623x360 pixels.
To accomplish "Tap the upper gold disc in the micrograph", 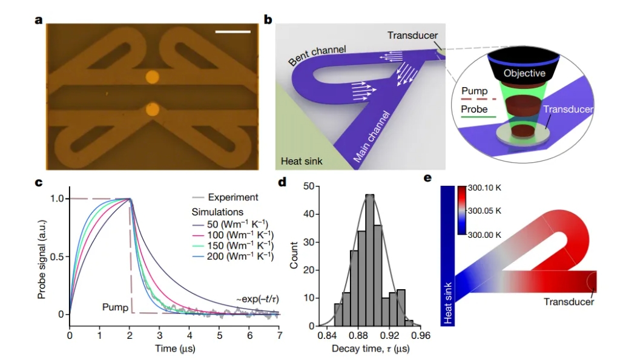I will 152,77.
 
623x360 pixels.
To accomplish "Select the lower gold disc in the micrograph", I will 152,110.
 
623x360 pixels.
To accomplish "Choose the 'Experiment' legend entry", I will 233,197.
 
